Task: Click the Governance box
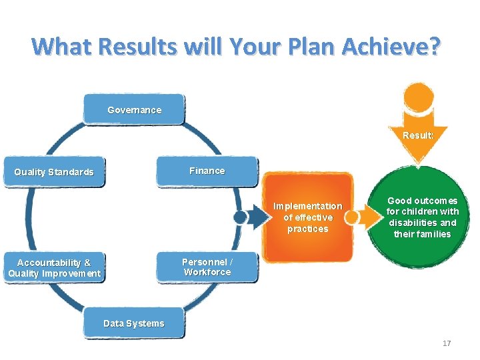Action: click(134, 109)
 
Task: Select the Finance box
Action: click(207, 171)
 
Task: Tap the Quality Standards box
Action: click(54, 172)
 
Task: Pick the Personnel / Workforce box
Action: click(207, 267)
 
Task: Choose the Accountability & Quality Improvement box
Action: click(54, 268)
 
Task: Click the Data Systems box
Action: click(134, 323)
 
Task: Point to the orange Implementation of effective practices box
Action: click(307, 217)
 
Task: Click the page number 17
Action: click(447, 343)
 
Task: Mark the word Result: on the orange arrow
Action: click(419, 135)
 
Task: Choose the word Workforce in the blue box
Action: click(207, 272)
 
